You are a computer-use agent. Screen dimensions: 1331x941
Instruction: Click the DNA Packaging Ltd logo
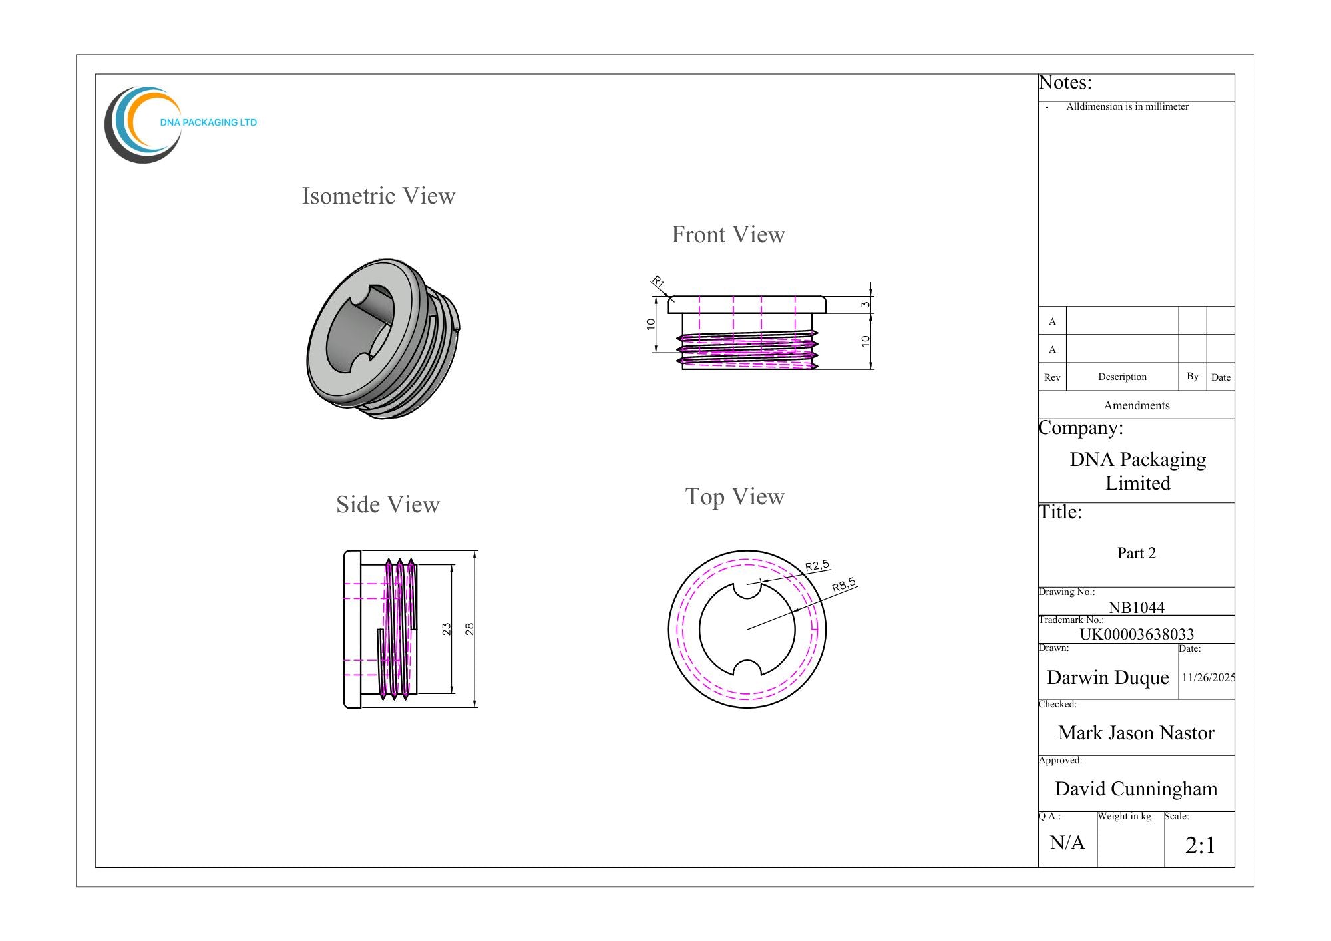point(180,124)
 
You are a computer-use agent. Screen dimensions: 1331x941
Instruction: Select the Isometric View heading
point(379,196)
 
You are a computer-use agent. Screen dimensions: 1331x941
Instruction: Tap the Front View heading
point(728,234)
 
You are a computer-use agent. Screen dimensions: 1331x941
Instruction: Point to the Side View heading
point(388,504)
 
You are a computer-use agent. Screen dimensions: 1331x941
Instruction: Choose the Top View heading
point(735,497)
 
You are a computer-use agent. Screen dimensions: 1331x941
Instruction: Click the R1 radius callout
point(658,282)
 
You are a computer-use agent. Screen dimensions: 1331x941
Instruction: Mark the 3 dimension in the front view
point(865,305)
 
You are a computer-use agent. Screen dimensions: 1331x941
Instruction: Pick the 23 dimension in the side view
point(447,629)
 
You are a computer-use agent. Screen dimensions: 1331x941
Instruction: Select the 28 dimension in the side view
point(469,629)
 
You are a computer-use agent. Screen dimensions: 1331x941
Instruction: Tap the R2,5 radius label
point(817,566)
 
